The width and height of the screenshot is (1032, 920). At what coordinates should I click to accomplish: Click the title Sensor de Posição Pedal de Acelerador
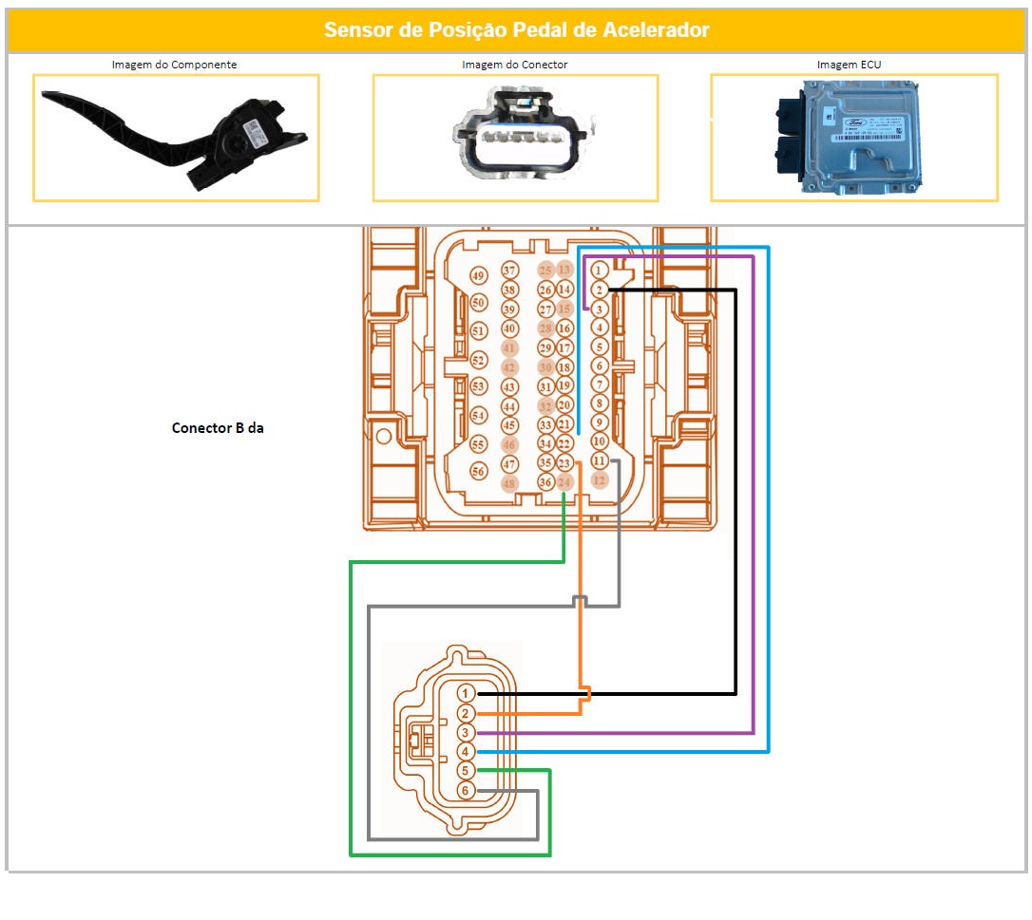tap(516, 30)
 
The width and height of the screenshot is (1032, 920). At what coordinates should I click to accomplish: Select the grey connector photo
tap(515, 138)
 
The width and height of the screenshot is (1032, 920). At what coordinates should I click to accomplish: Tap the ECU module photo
tap(854, 138)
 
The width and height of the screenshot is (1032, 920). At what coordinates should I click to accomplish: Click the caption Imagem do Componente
tap(174, 65)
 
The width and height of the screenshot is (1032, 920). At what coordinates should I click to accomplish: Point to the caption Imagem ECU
tap(852, 65)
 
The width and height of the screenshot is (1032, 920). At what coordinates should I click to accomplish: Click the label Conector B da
tap(218, 428)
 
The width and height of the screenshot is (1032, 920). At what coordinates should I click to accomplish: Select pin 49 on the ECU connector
tap(478, 276)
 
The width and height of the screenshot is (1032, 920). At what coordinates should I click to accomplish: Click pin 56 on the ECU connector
tap(478, 471)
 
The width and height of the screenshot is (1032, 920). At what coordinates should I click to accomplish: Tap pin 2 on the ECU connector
tap(599, 290)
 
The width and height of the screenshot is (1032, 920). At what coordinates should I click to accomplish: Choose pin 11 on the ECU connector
tap(599, 460)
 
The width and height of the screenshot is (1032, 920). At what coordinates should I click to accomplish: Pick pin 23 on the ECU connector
tap(564, 463)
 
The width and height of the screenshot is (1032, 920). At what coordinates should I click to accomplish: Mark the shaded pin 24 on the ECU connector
tap(564, 482)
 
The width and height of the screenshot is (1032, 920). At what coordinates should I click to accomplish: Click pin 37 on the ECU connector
tap(510, 272)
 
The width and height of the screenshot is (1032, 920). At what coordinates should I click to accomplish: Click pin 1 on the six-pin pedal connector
tap(466, 694)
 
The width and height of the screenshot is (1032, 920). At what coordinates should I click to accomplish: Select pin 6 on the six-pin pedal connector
tap(466, 791)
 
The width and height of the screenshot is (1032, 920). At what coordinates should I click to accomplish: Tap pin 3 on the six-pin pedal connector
tap(466, 733)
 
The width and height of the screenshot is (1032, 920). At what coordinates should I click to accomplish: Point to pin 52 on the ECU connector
tap(478, 360)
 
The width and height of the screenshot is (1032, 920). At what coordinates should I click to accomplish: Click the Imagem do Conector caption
tap(514, 65)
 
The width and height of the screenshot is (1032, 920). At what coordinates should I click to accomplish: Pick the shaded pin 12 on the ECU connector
tap(599, 480)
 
